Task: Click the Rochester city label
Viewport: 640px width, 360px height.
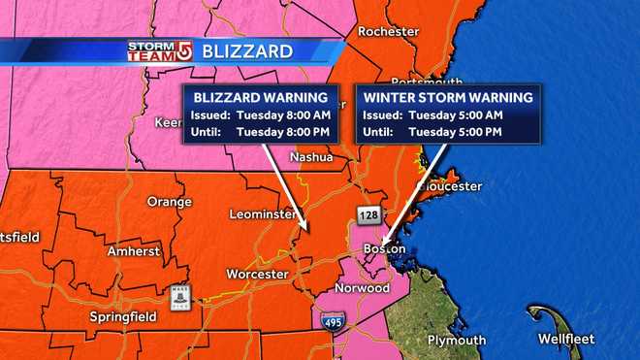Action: click(388, 31)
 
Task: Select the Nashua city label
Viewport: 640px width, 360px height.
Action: click(311, 157)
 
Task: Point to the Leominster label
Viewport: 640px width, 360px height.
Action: click(263, 213)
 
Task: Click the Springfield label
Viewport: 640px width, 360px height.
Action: click(121, 316)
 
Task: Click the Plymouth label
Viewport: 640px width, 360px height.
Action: click(455, 340)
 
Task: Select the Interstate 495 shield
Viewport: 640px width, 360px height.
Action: click(330, 320)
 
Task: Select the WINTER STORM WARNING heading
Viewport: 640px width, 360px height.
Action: click(433, 98)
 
